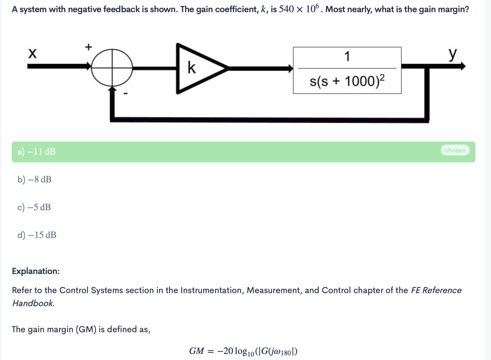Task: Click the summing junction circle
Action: coord(112,68)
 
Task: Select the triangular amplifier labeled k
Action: coord(197,68)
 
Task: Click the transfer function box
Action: coord(347,70)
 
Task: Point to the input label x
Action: coord(32,54)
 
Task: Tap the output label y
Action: coord(453,54)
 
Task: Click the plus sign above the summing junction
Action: coord(88,47)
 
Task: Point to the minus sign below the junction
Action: coord(126,94)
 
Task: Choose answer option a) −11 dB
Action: coord(36,152)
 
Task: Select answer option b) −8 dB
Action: coord(35,180)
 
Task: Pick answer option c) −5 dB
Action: coord(34,207)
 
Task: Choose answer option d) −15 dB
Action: coord(37,235)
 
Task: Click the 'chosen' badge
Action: coord(455,150)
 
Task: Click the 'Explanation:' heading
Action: coord(36,271)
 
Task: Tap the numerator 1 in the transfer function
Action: coord(347,57)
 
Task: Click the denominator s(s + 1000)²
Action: coord(347,81)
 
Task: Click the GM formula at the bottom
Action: coord(243,351)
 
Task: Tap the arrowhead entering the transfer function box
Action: coord(290,68)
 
